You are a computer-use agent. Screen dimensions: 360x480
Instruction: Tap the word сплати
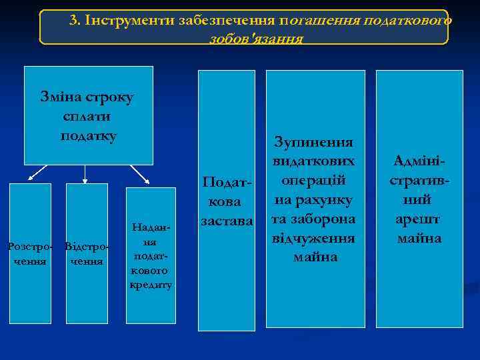coord(87,117)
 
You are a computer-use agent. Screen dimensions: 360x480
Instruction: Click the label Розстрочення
coord(27,254)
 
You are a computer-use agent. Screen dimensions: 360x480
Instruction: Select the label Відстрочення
coord(87,254)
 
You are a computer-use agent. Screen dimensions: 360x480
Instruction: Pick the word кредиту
coord(152,285)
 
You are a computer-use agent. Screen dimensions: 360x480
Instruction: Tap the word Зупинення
coord(313,143)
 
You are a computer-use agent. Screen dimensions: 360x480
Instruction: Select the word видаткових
coord(313,162)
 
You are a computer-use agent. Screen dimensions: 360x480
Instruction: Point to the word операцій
coord(313,181)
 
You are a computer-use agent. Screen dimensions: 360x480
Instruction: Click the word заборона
coord(327,219)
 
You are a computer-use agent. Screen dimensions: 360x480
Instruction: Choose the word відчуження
coord(313,238)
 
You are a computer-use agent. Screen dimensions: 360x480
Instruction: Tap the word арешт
coord(419,219)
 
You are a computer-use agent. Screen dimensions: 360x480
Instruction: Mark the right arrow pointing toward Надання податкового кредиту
coord(141,174)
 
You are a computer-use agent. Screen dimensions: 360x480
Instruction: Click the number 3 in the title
coord(73,20)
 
